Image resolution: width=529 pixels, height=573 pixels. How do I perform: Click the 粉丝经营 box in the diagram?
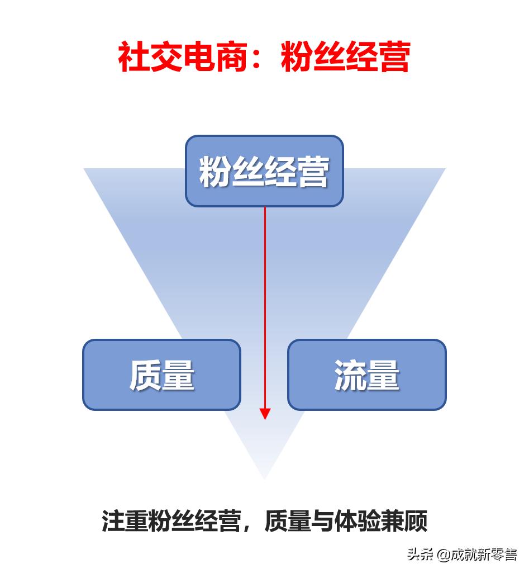264,171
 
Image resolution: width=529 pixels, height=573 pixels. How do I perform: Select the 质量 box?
161,375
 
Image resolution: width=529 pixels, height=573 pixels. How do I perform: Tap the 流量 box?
366,375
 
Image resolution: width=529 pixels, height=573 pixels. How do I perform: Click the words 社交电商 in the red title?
182,56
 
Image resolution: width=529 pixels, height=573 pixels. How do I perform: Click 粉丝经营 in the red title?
346,56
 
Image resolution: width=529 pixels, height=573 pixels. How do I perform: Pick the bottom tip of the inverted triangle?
264,478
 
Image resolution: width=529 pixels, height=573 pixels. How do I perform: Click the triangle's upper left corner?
85,169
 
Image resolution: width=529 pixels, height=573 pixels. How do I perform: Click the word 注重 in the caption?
125,521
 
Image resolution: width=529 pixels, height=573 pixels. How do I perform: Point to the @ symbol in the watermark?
444,555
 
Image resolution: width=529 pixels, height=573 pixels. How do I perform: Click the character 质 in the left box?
145,375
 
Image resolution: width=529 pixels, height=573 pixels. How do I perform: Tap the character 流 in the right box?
350,375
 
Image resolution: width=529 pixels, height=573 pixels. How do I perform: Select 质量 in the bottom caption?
288,521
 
